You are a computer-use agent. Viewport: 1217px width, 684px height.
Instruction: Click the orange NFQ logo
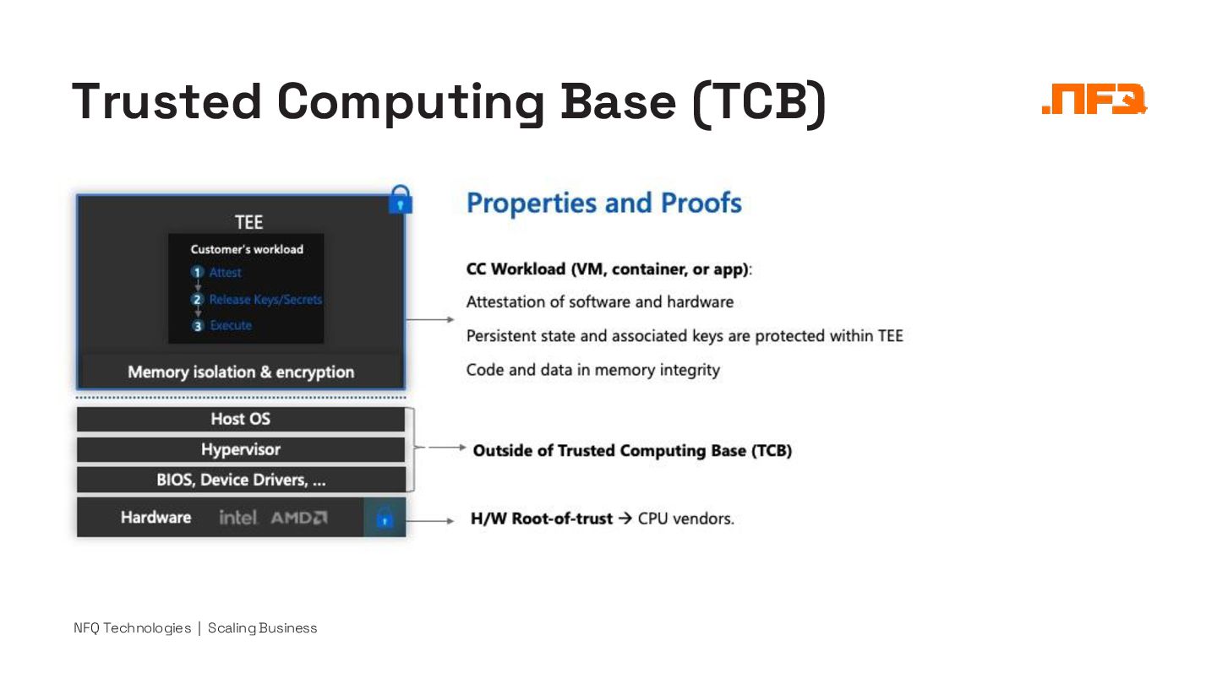pos(1094,100)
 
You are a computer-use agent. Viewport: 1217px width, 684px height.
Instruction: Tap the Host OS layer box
pos(241,419)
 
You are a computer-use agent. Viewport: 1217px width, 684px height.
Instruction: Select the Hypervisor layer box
pos(241,449)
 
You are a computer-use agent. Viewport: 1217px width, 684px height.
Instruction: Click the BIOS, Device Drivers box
pos(241,480)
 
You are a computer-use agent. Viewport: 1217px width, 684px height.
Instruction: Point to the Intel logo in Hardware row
pos(238,518)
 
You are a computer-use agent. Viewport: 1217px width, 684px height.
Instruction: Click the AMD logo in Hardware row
pos(299,518)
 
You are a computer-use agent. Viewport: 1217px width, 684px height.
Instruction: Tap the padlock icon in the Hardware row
pos(385,517)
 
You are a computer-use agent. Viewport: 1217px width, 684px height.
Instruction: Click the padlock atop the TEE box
pos(400,199)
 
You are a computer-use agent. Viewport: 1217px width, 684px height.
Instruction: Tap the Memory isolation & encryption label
pos(241,372)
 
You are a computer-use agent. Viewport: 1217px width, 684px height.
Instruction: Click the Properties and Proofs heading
pos(604,204)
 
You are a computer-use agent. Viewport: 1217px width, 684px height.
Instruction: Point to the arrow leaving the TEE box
pos(430,320)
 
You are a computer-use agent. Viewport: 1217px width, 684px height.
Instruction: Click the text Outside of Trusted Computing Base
pos(632,450)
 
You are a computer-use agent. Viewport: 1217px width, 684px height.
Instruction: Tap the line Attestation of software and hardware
pos(600,301)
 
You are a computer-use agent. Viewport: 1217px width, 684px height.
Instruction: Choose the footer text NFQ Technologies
pos(133,627)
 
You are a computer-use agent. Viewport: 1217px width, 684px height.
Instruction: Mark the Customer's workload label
pos(247,249)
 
